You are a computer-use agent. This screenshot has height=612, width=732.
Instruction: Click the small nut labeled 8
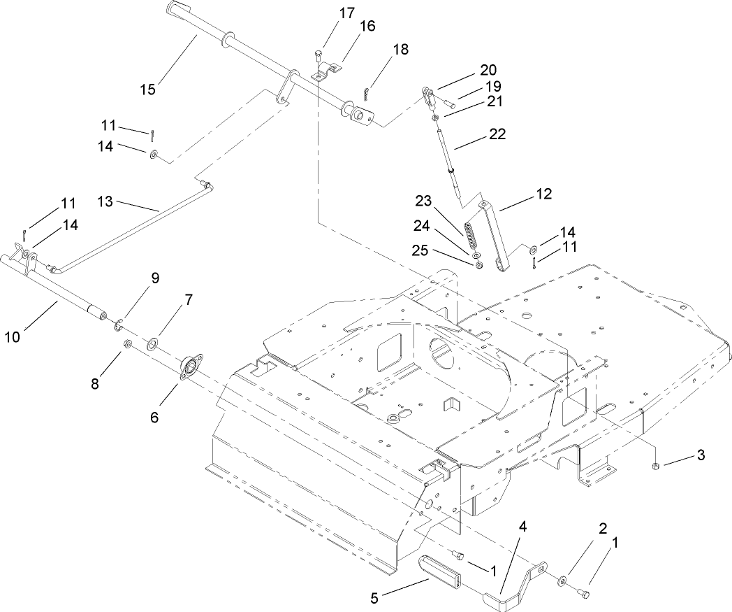128,344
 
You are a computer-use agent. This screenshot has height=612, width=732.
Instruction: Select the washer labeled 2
562,580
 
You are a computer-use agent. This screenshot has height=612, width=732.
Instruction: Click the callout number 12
543,194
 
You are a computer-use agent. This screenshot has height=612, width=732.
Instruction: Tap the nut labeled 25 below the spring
478,264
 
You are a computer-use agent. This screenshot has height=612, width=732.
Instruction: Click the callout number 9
155,278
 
